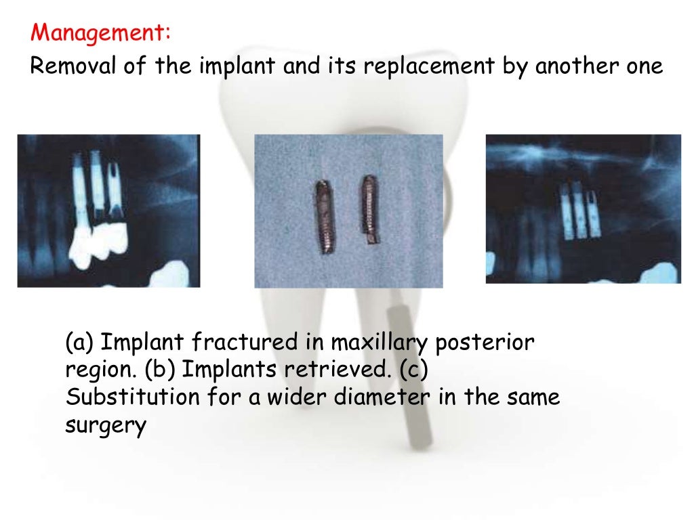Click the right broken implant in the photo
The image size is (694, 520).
(x=369, y=210)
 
